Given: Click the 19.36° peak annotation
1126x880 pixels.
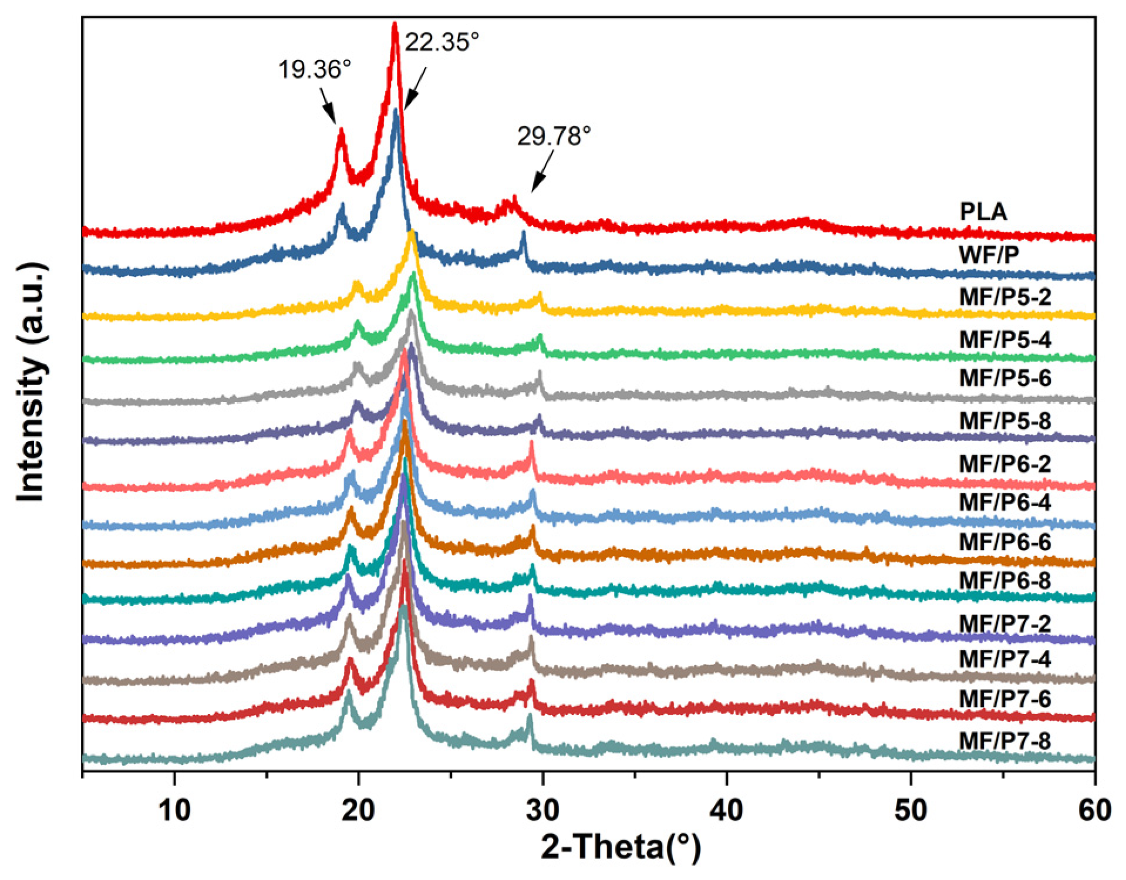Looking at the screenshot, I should click(314, 69).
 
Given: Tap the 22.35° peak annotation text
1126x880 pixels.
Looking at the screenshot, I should click(441, 42).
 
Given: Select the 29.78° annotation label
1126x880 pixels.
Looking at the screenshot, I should click(553, 136).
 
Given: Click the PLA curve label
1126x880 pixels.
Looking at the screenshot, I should click(983, 212).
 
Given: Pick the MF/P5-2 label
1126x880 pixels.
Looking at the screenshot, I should click(1005, 297).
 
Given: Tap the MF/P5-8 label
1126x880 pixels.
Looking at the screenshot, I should click(1005, 421).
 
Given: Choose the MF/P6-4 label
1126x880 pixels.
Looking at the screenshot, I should click(1005, 503).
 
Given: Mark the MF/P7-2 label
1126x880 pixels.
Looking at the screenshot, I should click(1005, 623).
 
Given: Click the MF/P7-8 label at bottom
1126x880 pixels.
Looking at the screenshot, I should click(1005, 741).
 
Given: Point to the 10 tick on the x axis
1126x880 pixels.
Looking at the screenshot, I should click(174, 811).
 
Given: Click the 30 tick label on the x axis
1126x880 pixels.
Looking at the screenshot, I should click(542, 811).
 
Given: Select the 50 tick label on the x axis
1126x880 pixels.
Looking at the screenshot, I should click(911, 811).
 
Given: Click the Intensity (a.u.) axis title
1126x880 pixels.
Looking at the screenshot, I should click(31, 383).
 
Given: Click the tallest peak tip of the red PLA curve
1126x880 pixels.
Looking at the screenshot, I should click(395, 25).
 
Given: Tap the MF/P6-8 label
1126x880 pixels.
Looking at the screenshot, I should click(1005, 581).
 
